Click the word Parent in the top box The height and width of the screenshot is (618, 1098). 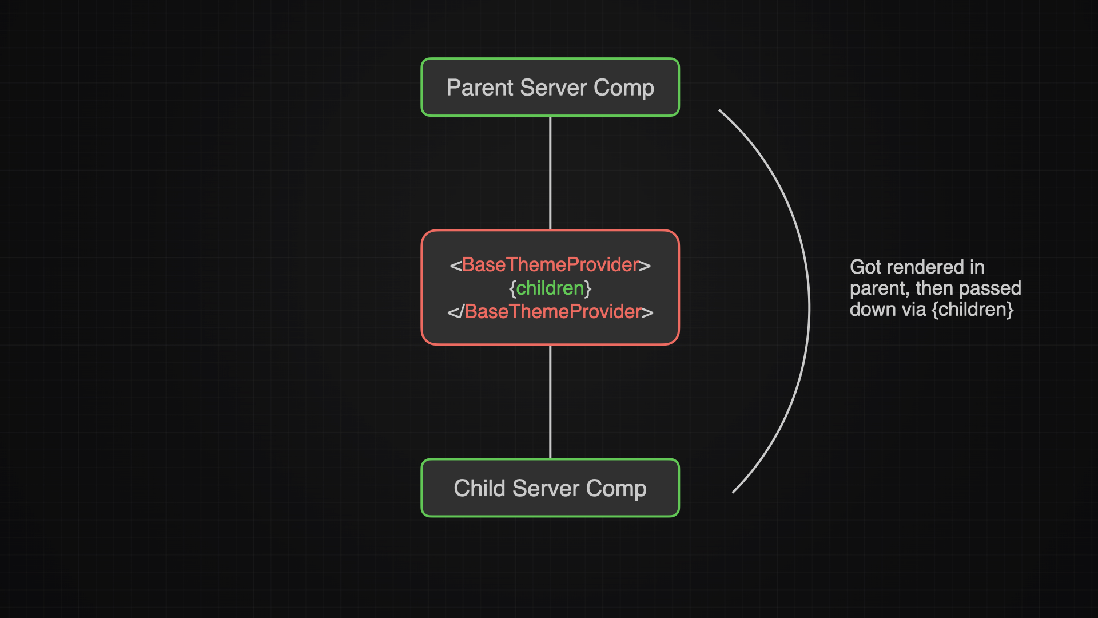point(480,88)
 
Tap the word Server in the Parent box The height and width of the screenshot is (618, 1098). point(554,88)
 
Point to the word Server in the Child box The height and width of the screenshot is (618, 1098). point(546,488)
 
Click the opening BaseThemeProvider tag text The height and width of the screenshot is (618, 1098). point(550,265)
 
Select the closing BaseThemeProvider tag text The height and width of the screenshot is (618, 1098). point(550,312)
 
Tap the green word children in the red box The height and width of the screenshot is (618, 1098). point(550,288)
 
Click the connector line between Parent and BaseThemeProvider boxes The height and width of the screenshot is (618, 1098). point(550,173)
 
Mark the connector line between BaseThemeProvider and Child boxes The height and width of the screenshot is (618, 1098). point(550,402)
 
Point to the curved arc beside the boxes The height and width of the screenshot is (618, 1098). point(809,303)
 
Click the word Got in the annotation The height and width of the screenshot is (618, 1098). point(866,267)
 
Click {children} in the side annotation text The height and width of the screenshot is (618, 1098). point(973,310)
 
